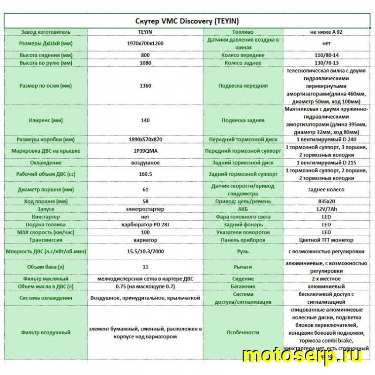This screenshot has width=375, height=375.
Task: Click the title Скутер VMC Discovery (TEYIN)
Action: (x=187, y=22)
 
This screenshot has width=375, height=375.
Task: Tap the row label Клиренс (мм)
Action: (x=46, y=120)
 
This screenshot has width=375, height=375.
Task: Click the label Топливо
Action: (x=242, y=32)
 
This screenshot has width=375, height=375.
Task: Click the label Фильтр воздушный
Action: (x=46, y=332)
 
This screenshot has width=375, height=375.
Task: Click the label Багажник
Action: (x=242, y=285)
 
